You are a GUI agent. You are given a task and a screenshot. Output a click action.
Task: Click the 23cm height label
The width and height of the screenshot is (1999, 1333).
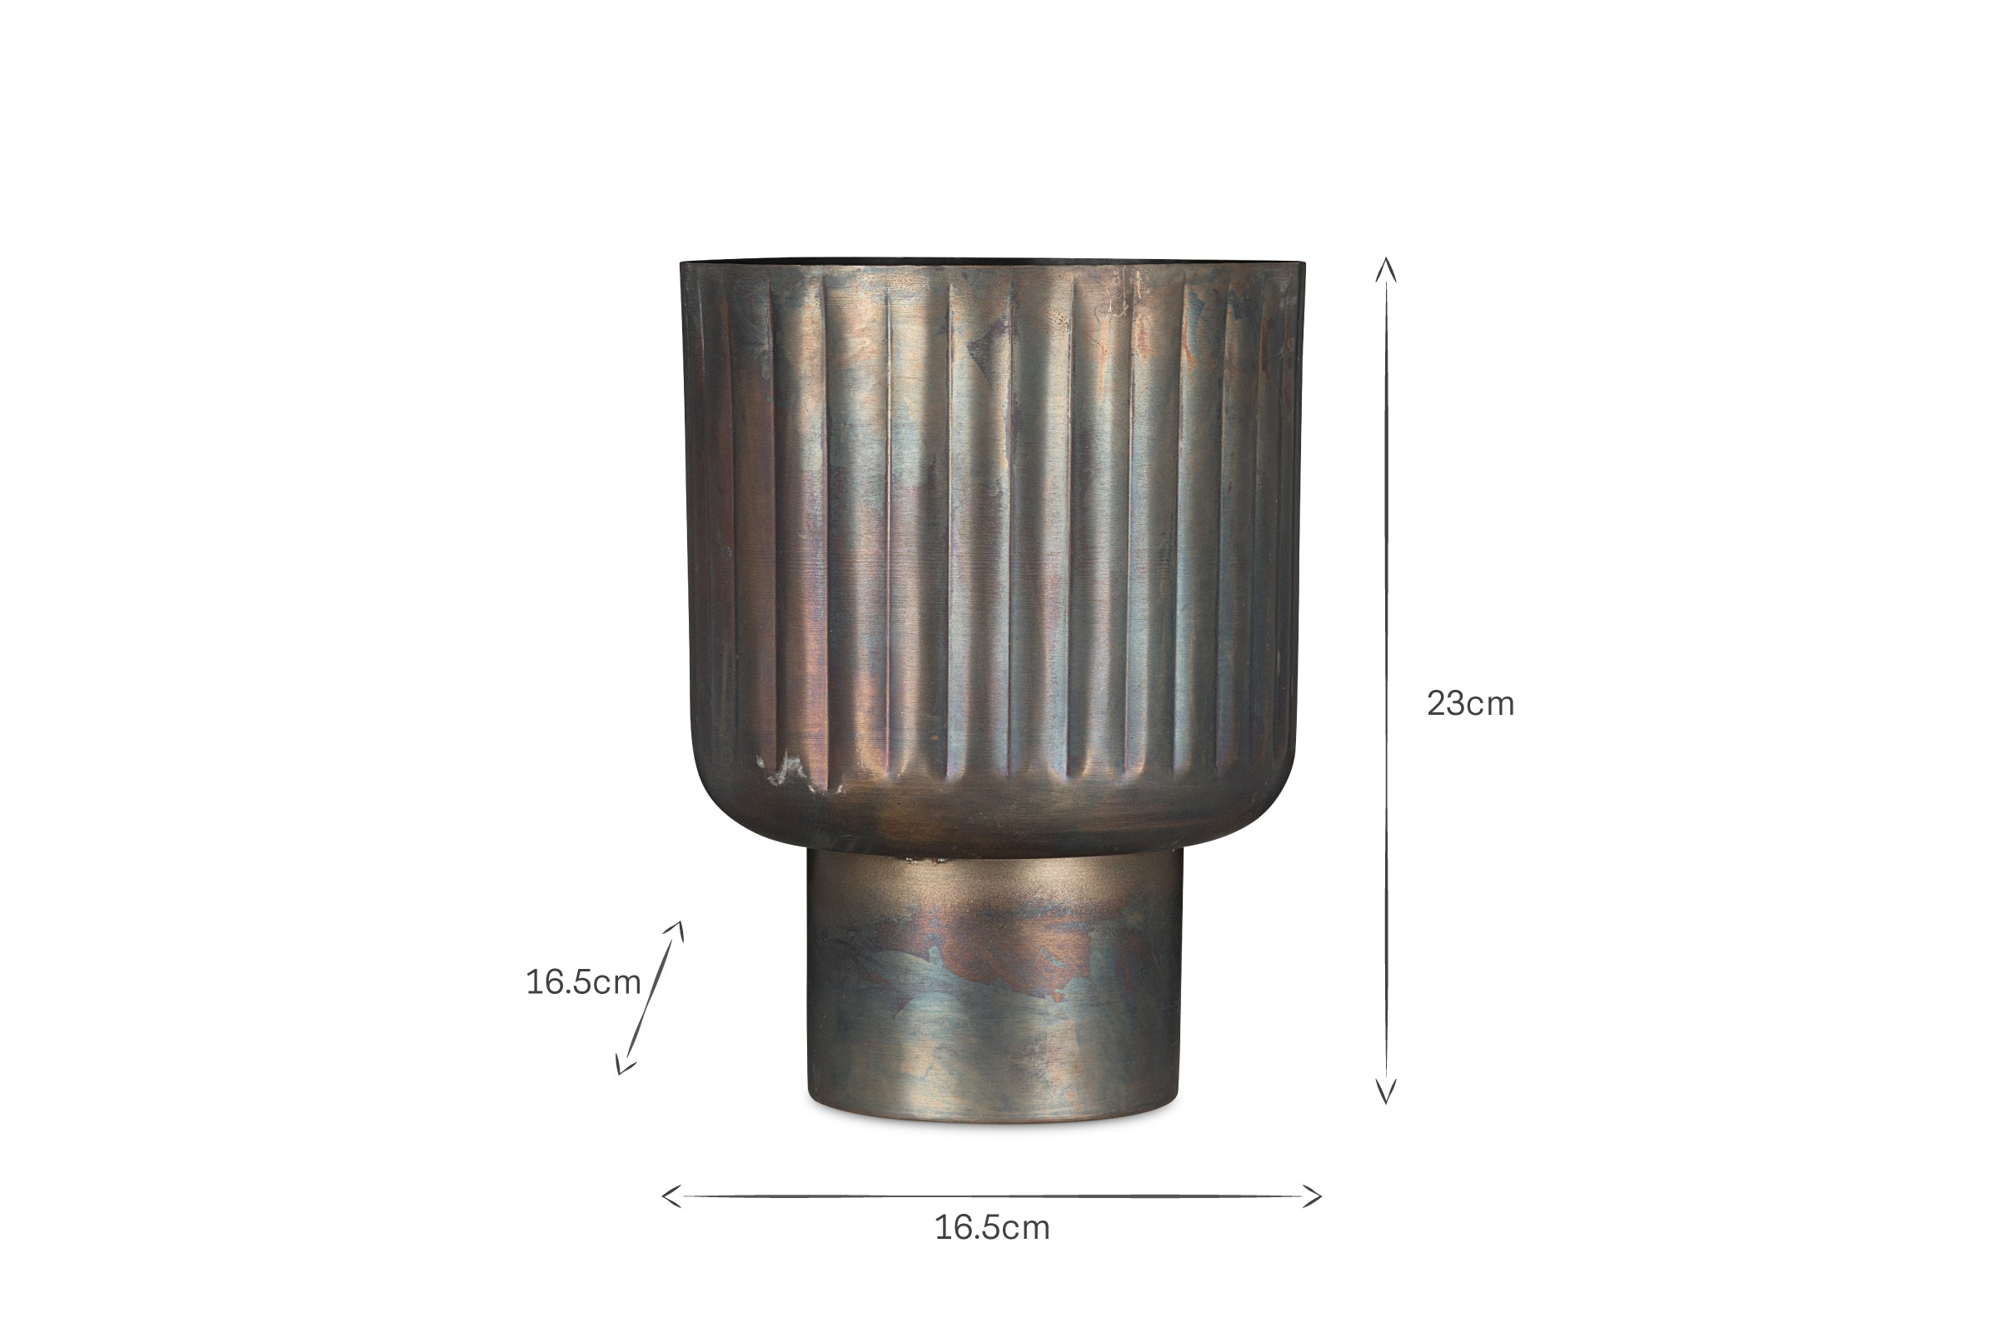click(x=1470, y=704)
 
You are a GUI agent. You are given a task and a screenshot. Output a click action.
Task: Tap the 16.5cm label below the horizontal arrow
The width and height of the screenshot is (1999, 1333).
click(x=992, y=1227)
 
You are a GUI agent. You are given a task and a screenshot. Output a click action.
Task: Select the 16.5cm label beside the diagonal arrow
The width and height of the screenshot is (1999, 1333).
click(x=583, y=982)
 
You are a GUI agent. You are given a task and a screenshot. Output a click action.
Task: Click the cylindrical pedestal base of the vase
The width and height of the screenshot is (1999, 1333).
click(x=994, y=986)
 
